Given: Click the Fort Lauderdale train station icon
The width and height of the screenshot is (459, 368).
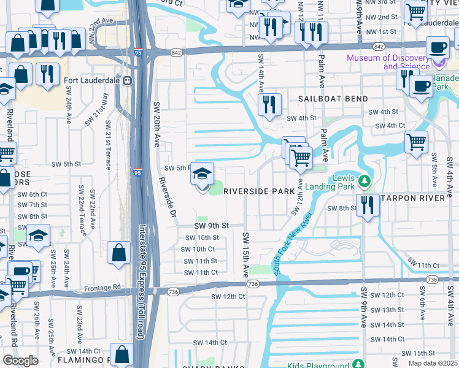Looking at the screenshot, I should coord(127,80).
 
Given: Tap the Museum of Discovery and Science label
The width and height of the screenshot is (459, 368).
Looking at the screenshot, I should coord(388,62).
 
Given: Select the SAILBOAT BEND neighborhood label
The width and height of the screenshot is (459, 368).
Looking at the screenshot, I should coord(333,99).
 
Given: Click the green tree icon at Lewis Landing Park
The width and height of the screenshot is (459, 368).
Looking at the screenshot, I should coord(365,181).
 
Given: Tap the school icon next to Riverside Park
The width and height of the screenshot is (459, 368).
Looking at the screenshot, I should coord(202,175).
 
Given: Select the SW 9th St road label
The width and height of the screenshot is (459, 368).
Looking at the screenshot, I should coord(211,226).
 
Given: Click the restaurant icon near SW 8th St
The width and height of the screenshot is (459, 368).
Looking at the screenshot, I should coord(368,205).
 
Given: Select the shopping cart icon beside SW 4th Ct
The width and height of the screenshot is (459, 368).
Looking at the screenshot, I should coord(417,142).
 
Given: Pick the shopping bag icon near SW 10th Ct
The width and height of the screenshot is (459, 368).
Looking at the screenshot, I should coord(119,253).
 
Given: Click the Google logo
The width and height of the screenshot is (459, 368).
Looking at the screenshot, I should coord(20,361).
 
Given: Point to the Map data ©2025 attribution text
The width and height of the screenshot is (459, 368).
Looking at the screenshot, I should coord(433,363).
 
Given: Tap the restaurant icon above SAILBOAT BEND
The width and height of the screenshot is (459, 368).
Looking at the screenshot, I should coord(269,105).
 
